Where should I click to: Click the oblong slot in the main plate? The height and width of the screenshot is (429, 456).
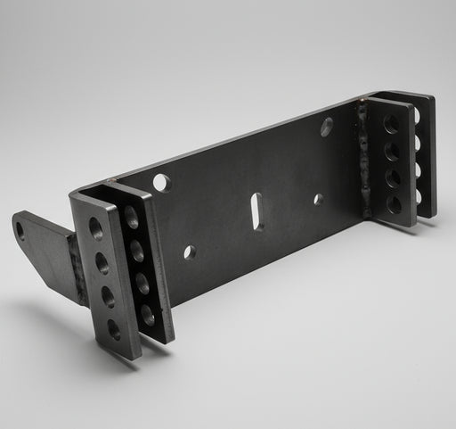[x=257, y=211]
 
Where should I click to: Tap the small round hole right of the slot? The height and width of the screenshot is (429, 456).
[x=318, y=199]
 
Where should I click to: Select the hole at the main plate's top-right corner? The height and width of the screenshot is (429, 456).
[x=327, y=127]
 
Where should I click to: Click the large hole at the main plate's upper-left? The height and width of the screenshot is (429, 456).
[x=161, y=183]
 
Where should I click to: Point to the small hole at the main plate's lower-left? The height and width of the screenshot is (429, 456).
[x=189, y=252]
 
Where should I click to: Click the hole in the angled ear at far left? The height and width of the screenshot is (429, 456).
[x=20, y=230]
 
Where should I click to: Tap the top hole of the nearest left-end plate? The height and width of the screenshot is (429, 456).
[x=95, y=229]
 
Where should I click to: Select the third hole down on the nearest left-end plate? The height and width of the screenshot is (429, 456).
[x=109, y=297]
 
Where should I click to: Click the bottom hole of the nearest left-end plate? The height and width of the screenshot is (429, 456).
[x=114, y=328]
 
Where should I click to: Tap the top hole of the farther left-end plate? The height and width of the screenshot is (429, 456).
[x=132, y=217]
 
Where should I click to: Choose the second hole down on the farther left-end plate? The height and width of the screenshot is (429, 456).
[x=137, y=252]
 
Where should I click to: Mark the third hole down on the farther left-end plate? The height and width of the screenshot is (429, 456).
[x=142, y=285]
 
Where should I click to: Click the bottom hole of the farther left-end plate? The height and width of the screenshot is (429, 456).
[x=148, y=315]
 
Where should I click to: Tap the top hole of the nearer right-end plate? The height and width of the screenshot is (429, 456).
[x=391, y=124]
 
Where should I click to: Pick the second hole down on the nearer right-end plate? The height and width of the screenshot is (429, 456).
[x=392, y=152]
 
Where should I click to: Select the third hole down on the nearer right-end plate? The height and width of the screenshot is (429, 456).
[x=393, y=178]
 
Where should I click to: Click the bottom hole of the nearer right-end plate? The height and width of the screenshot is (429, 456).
[x=394, y=204]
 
